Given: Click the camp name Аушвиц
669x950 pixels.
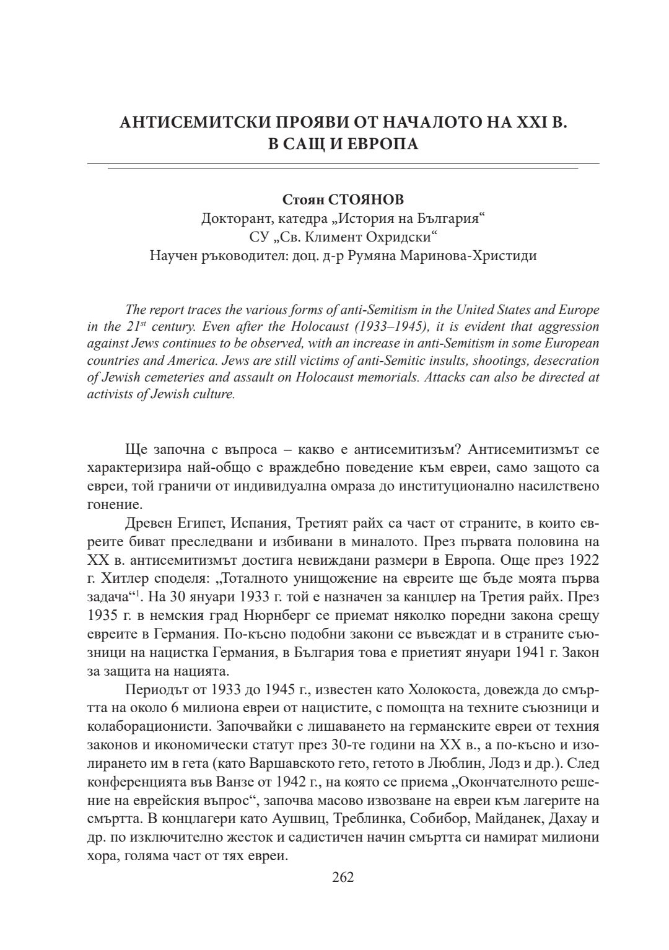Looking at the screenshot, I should pos(297,817).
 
